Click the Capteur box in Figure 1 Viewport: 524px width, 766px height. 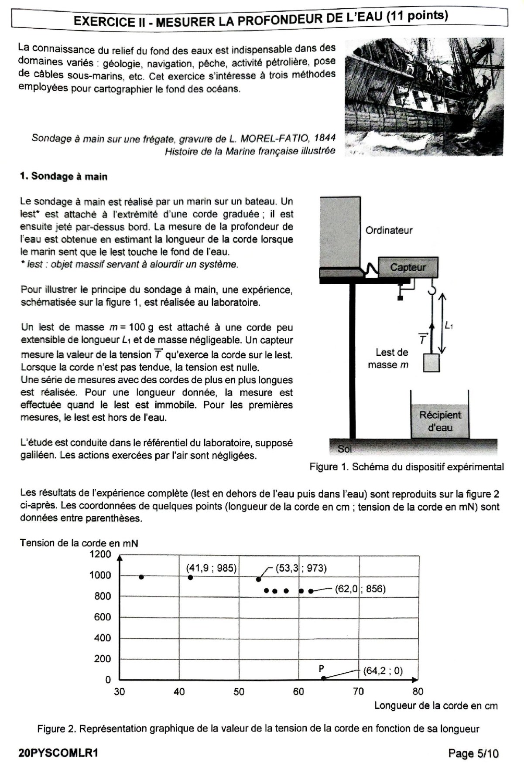click(x=408, y=267)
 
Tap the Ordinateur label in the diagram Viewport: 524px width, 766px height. click(x=389, y=230)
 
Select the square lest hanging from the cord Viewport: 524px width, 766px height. click(x=431, y=363)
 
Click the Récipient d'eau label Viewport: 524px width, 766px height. click(x=440, y=421)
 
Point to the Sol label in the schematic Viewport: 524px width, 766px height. click(x=345, y=449)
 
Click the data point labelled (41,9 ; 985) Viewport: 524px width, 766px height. click(x=190, y=577)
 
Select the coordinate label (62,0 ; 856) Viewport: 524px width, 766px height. click(x=360, y=589)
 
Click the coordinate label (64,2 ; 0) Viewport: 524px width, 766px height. click(x=383, y=671)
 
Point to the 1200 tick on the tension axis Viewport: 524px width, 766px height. click(x=100, y=555)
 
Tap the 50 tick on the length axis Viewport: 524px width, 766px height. click(x=239, y=691)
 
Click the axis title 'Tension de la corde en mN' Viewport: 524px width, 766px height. click(x=79, y=543)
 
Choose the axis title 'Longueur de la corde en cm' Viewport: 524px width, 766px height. click(x=435, y=705)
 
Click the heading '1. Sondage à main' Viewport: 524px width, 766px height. click(x=64, y=177)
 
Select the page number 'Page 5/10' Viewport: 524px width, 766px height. click(x=473, y=753)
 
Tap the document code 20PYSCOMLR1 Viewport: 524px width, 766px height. click(x=58, y=753)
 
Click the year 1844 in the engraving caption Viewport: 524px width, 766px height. click(x=325, y=138)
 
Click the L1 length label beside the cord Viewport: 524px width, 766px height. click(x=449, y=325)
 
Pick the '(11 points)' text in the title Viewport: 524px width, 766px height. click(x=417, y=16)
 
